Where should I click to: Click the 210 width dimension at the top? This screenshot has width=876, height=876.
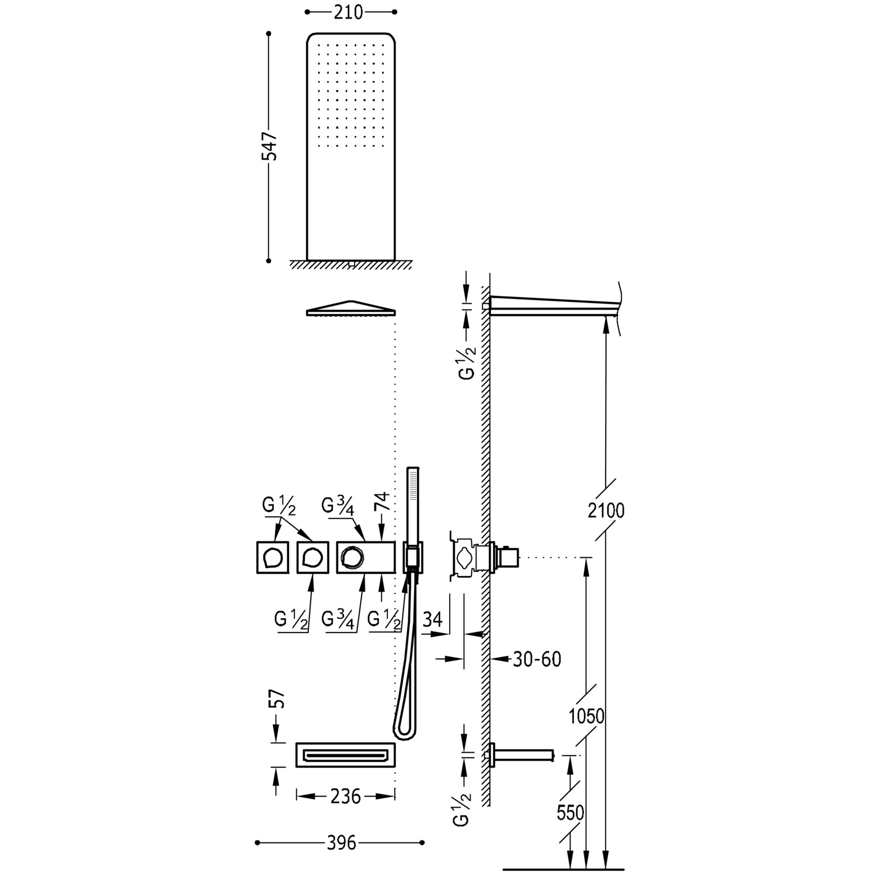(349, 12)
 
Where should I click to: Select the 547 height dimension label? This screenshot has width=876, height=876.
(269, 146)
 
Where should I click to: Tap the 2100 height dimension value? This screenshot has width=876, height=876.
(606, 511)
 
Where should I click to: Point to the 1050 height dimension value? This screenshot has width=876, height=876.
(586, 716)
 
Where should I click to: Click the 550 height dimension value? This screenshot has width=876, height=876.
(570, 812)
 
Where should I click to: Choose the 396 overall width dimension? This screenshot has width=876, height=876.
(342, 843)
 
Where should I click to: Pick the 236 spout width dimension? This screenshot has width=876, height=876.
(345, 796)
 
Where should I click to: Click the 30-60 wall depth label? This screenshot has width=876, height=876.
(537, 659)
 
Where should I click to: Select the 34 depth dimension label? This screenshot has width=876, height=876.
(432, 620)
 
